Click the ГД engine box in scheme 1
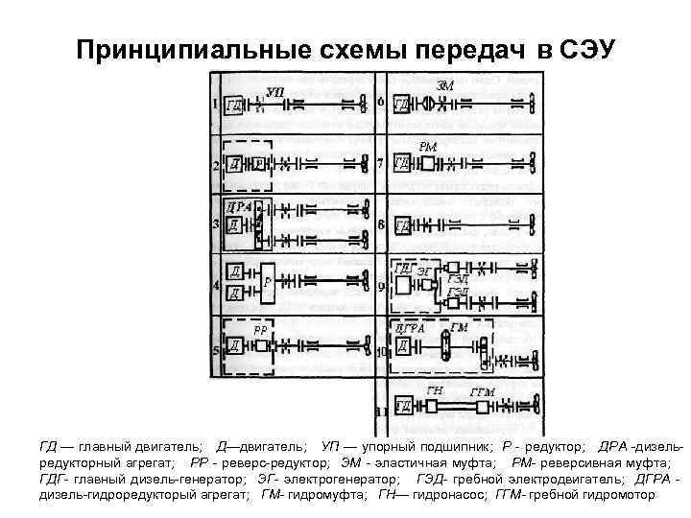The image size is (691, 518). tap(234, 105)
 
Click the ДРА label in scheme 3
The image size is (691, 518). tap(238, 205)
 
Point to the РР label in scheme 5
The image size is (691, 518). tap(260, 329)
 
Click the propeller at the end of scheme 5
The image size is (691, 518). tap(364, 347)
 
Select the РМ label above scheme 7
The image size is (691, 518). tap(429, 146)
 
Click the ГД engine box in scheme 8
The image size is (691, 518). tap(404, 226)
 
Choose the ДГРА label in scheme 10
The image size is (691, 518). tap(410, 328)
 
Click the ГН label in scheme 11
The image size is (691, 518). tap(435, 390)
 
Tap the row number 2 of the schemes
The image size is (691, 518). tap(216, 166)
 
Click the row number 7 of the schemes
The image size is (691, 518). tap(382, 163)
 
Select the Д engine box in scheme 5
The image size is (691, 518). tap(234, 346)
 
